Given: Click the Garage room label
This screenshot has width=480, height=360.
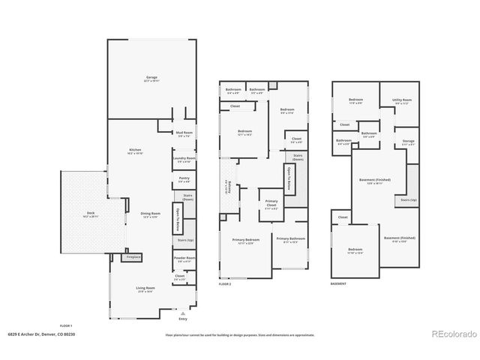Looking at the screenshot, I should click(151, 77).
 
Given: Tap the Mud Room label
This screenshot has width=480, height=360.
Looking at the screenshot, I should click(184, 134).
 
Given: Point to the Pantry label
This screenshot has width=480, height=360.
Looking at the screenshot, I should click(184, 180).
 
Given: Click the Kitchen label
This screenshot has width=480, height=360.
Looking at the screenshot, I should click(135, 151).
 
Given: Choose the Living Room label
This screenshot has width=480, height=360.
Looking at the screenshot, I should click(145, 289).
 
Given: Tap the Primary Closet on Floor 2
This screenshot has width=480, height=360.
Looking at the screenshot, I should click(271, 203).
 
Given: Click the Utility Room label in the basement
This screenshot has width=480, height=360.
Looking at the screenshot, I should click(402, 100).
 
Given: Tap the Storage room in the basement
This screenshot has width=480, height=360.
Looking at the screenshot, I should click(408, 142).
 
